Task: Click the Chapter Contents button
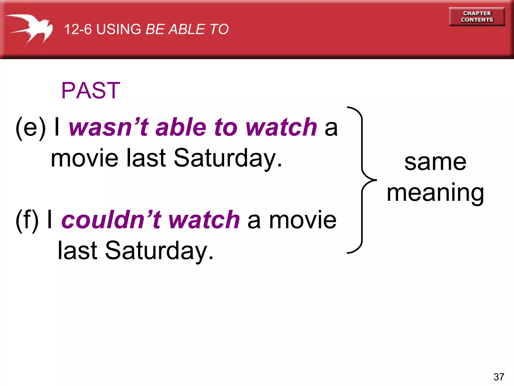pos(477,17)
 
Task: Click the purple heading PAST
pos(91,90)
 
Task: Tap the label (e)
pos(31,128)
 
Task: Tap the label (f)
pos(27,220)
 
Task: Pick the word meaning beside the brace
pos(435,193)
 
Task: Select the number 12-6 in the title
pos(78,29)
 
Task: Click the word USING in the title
pos(119,29)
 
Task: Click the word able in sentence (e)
pos(181,127)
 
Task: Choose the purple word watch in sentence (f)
pos(204,220)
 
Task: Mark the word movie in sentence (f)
pos(303,220)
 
